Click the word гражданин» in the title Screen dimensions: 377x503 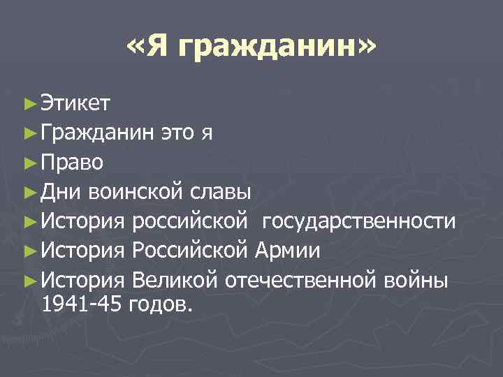[275, 49]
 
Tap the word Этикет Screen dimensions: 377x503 [75, 104]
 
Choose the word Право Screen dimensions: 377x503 [73, 163]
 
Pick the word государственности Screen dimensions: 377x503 [360, 222]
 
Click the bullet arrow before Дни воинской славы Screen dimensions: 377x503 [28, 193]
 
